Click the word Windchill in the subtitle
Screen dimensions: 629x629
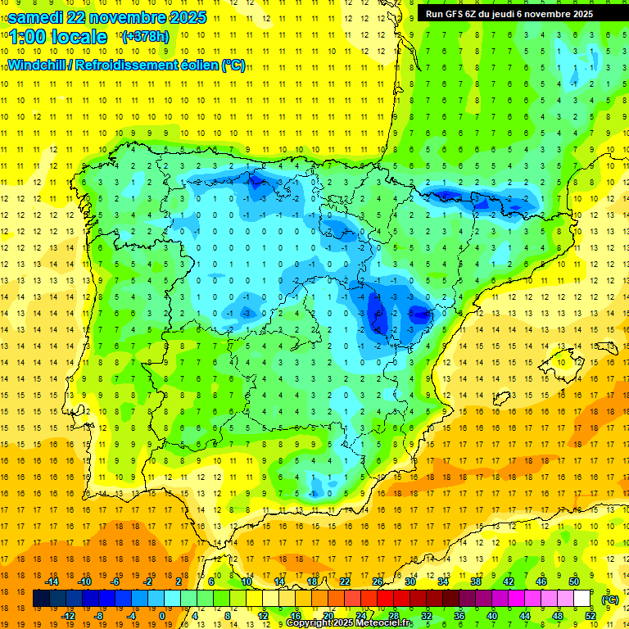pos(36,66)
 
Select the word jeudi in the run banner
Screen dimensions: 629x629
pos(518,13)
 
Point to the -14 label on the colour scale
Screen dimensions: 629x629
pos(52,581)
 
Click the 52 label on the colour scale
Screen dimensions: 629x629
pos(591,616)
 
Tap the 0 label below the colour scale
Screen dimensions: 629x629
pos(162,616)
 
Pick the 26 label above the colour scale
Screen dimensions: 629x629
pos(378,581)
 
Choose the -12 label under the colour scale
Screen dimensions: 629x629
pos(68,616)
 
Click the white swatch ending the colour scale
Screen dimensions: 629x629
pos(582,599)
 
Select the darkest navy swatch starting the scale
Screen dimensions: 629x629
pos(41,599)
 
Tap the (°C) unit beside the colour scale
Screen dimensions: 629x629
pos(609,599)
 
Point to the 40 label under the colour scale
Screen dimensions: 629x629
pos(492,616)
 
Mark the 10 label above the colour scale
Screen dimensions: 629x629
pos(246,581)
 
